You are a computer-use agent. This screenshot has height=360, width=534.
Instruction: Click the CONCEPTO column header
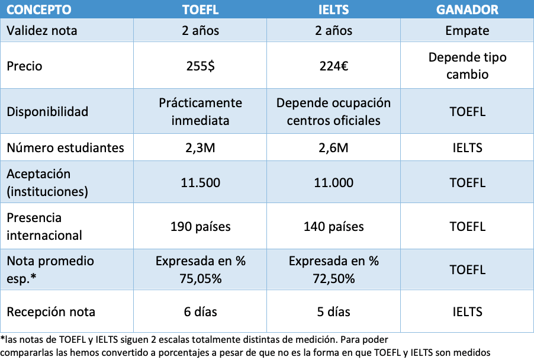[39, 9]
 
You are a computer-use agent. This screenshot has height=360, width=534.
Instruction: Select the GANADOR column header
[467, 9]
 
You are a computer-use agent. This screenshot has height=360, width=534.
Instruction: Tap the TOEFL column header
[200, 9]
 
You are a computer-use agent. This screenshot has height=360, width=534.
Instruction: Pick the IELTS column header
[333, 9]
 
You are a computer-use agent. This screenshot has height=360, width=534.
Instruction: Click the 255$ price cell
[200, 66]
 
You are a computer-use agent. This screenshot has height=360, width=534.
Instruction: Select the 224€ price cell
[333, 66]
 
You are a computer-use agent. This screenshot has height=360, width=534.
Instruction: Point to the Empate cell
[467, 31]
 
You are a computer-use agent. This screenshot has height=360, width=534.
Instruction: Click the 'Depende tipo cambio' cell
[467, 66]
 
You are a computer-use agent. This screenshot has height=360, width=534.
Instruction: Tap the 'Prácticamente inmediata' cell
[200, 111]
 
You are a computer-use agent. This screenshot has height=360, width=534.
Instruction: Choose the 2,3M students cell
[200, 148]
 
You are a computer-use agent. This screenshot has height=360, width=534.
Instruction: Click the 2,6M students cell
[333, 148]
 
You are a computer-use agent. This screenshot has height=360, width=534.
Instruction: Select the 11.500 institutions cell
[200, 182]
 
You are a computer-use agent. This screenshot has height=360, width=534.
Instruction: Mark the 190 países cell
[200, 226]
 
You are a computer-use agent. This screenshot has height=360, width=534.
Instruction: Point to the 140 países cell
[333, 226]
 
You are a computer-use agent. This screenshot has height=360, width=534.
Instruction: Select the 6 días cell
[200, 311]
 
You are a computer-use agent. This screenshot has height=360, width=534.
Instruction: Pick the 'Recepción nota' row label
[51, 311]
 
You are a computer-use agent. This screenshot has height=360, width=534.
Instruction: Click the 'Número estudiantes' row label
[65, 148]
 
